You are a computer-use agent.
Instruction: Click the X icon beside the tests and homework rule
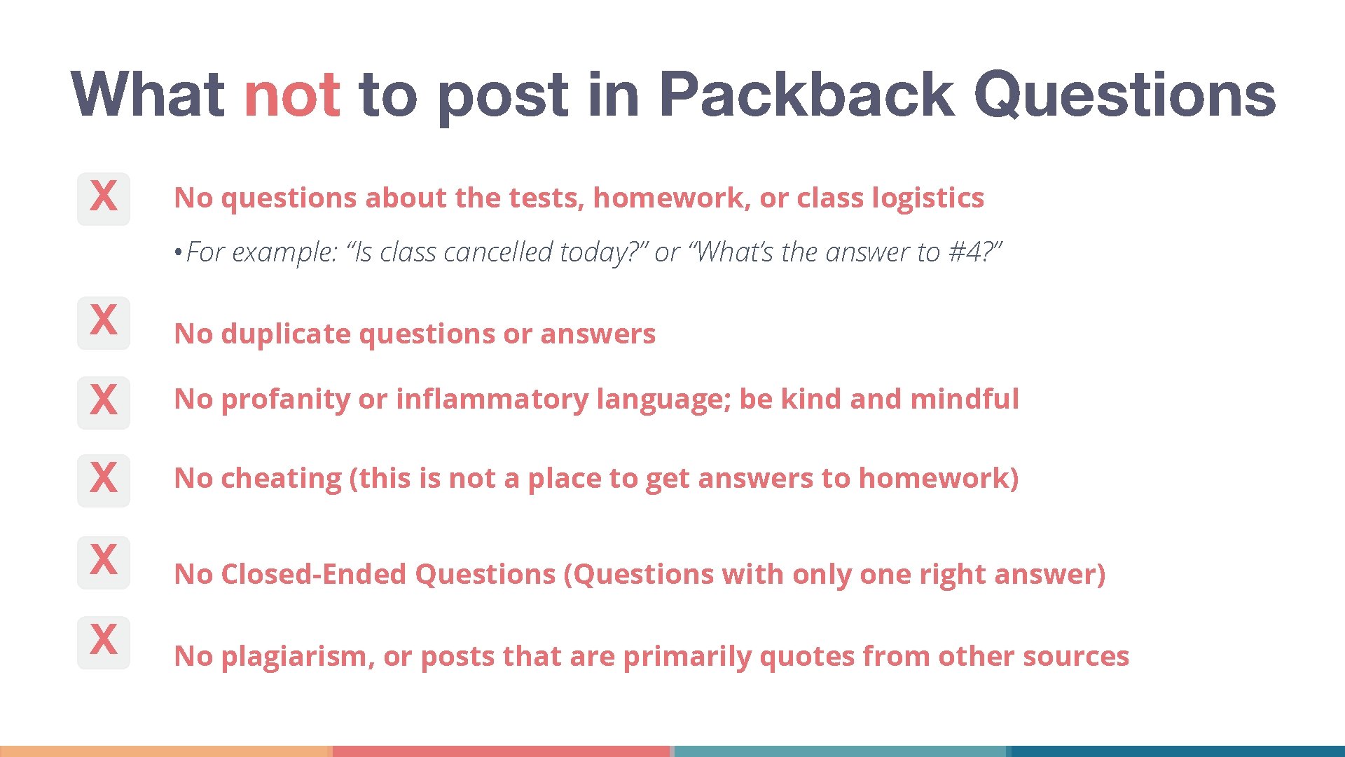tap(104, 198)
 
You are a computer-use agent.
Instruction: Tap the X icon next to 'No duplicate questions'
tap(104, 322)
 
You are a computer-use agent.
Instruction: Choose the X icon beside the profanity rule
tap(104, 402)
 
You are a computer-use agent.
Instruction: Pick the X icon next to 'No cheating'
tap(104, 480)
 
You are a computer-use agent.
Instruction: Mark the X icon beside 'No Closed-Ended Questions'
tap(104, 562)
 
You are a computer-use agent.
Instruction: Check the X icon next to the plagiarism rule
tap(104, 642)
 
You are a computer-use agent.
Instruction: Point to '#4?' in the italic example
tap(975, 252)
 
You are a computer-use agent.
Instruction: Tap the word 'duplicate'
tap(286, 334)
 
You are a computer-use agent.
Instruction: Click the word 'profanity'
tap(285, 400)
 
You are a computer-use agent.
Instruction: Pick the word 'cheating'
tap(281, 479)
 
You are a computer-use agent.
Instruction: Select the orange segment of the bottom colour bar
tap(166, 751)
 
